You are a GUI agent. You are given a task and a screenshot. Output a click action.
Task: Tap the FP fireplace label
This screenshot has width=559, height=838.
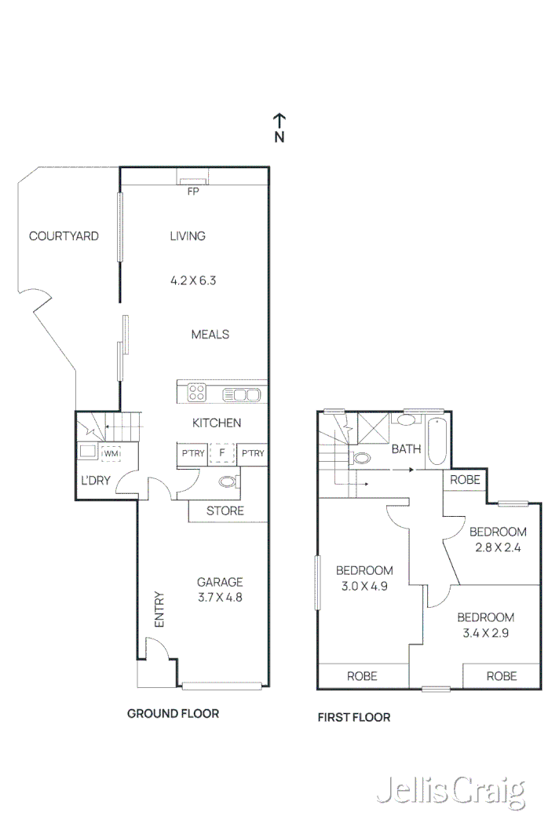[192, 191]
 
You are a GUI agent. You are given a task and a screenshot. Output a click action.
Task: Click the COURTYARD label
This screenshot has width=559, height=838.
[64, 236]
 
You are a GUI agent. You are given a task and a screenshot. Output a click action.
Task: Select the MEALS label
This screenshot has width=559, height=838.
[210, 335]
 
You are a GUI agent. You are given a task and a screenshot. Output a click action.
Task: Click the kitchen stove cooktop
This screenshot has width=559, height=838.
[196, 393]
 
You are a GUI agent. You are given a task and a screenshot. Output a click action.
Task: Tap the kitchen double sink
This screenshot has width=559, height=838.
[242, 393]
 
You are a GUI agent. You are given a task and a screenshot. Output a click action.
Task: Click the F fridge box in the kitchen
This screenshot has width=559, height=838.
[222, 454]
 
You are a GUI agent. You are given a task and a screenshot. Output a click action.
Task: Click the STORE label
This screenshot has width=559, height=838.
[225, 511]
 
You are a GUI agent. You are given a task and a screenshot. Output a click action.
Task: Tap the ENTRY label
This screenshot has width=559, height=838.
[159, 609]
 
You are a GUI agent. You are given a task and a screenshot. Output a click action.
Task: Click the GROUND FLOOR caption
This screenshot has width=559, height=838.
[173, 714]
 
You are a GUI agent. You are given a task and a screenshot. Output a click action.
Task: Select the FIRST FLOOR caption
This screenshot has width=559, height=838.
[353, 717]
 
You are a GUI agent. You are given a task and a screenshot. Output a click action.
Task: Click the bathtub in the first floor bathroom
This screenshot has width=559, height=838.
[437, 443]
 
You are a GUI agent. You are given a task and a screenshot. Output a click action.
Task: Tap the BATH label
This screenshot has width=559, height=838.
[407, 449]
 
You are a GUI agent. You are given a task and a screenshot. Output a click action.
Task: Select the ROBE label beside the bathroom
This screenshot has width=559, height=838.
[466, 480]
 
